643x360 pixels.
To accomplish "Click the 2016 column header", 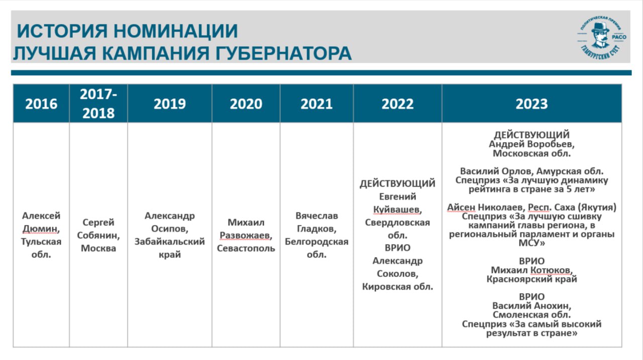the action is (x=41, y=103).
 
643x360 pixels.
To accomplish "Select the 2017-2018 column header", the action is (x=98, y=103).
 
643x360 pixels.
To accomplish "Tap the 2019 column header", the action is (x=170, y=103).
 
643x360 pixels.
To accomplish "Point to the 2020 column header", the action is (x=246, y=103).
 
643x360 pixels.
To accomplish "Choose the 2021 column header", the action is (x=316, y=103).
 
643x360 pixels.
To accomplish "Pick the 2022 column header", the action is (x=397, y=103).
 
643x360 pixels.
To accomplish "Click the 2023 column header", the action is (x=531, y=103).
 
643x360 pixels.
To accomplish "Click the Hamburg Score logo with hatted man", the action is (x=602, y=38).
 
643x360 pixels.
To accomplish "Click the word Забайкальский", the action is (x=170, y=242).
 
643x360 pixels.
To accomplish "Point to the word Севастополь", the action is (x=246, y=248).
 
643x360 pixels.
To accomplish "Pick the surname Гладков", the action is (x=316, y=228).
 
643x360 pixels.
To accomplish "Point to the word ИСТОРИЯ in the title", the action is (x=62, y=31).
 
